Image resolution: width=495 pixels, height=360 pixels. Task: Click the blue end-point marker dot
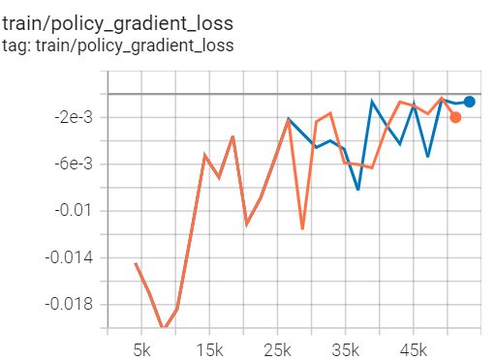coord(469,102)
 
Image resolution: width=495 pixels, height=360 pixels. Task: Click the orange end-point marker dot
coord(455,117)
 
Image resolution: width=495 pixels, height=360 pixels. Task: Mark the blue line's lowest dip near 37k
coord(358,190)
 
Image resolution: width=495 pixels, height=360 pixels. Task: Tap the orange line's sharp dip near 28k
coord(302,229)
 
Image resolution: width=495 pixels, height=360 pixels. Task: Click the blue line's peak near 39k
coord(372,101)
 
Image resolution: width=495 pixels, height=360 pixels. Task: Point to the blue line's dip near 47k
coord(427,156)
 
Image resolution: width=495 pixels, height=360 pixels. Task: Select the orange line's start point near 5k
coord(136,263)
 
